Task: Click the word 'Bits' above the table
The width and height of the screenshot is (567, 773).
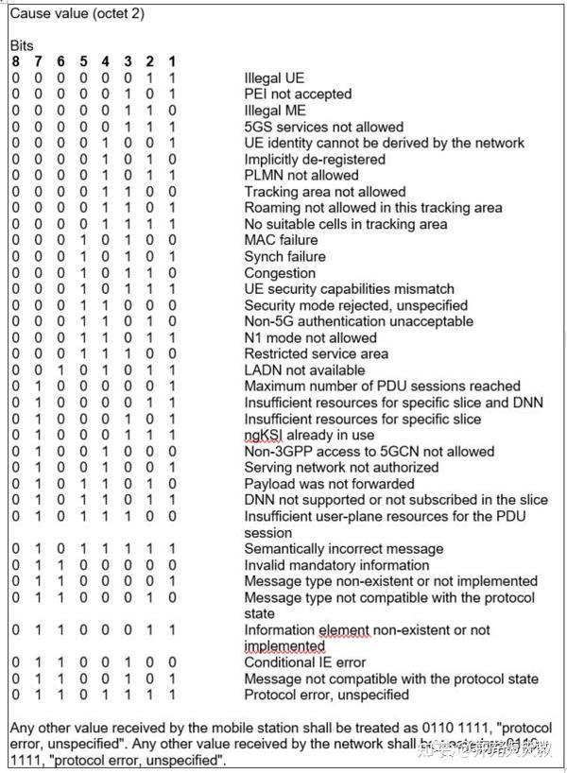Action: coord(22,45)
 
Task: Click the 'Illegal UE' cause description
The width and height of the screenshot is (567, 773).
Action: coord(274,77)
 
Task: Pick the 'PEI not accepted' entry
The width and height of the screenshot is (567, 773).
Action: coord(298,94)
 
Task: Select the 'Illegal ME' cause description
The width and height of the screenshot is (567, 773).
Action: coord(275,111)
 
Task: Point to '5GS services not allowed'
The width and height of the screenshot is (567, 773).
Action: coord(323,127)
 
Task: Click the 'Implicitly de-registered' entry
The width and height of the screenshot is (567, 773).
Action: coord(315,159)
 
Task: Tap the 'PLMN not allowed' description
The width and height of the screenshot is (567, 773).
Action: coord(301,175)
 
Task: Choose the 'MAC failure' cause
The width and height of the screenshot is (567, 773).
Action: coord(281,240)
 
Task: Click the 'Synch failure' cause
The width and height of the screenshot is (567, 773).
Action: coord(284,256)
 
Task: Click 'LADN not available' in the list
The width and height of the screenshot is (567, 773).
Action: coord(304,369)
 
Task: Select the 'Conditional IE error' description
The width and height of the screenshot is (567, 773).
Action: coord(304,662)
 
